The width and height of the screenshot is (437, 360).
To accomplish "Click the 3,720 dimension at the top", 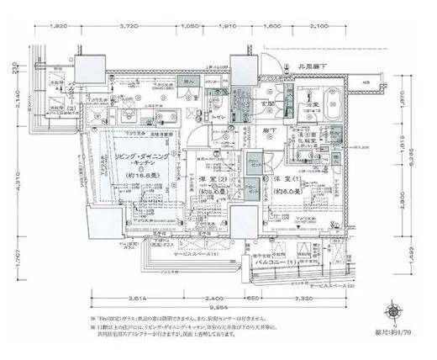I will [x=129, y=27].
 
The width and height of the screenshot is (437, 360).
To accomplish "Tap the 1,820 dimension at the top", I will [x=58, y=27].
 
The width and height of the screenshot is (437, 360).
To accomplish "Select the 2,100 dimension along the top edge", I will [x=319, y=27].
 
